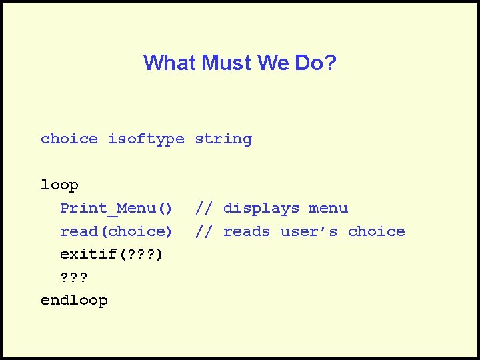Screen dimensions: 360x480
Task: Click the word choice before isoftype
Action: click(69, 139)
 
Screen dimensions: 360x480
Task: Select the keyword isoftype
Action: click(146, 139)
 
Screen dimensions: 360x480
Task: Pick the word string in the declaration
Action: click(223, 139)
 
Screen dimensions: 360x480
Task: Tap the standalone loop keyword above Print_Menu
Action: click(59, 185)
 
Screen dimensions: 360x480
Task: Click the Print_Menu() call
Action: click(116, 209)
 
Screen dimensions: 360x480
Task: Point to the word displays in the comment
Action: click(261, 209)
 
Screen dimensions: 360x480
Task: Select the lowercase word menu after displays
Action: click(328, 209)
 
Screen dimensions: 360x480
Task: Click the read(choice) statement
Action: click(116, 232)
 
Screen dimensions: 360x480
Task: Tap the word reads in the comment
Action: click(247, 232)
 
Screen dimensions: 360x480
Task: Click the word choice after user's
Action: click(377, 232)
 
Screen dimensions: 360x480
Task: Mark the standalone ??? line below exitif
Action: click(74, 278)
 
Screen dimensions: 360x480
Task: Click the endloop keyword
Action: click(74, 301)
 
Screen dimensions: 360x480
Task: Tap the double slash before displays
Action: click(204, 209)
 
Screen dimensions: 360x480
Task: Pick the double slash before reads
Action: click(204, 232)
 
